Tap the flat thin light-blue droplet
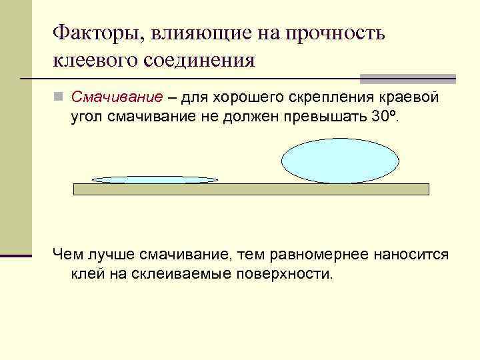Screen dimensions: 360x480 pyautogui.click(x=155, y=179)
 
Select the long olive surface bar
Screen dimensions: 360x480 pyautogui.click(x=251, y=189)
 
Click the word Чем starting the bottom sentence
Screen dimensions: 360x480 pyautogui.click(x=67, y=255)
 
